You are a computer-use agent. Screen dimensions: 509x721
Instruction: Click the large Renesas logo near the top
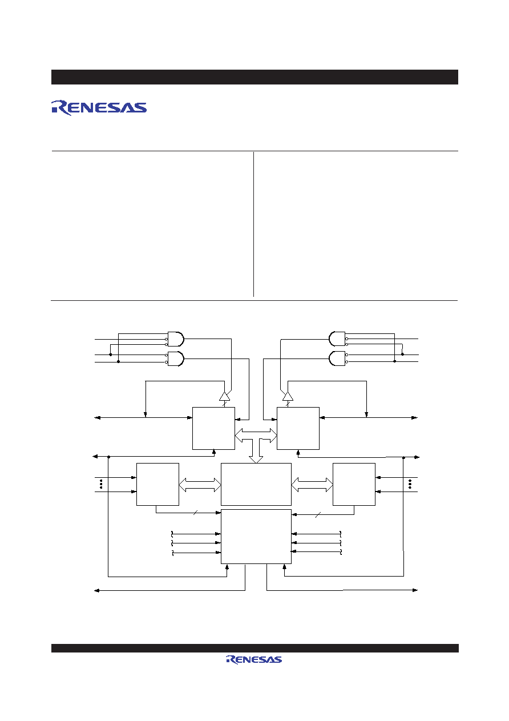pos(99,107)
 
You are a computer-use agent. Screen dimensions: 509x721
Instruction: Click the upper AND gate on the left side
pos(176,339)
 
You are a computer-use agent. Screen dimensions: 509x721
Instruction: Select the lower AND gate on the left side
pos(176,359)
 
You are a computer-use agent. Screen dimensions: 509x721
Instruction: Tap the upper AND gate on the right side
pos(337,339)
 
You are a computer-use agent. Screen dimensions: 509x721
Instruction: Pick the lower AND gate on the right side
pos(337,359)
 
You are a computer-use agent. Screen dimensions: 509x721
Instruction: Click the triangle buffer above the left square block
pos(225,396)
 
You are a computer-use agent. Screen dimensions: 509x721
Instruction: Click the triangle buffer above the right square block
pos(288,396)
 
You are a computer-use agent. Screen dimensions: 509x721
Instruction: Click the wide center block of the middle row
pos(256,484)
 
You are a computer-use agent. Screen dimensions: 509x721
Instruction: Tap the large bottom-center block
pos(256,536)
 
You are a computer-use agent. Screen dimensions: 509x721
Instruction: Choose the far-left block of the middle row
pos(157,484)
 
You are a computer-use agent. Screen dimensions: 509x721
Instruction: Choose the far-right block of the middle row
pos(354,484)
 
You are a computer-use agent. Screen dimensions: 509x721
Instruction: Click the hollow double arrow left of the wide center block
pos(200,485)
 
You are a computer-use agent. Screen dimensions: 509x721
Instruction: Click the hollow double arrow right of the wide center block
pos(312,485)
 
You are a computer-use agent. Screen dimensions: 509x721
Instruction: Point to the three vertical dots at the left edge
pos(101,484)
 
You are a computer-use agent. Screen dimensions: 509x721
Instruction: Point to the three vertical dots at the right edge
pos(410,484)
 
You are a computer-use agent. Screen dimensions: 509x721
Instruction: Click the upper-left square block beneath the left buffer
pos(213,428)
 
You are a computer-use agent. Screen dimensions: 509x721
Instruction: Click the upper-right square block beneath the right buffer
pos(298,428)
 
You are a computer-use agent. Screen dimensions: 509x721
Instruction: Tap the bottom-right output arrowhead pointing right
pos(415,590)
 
